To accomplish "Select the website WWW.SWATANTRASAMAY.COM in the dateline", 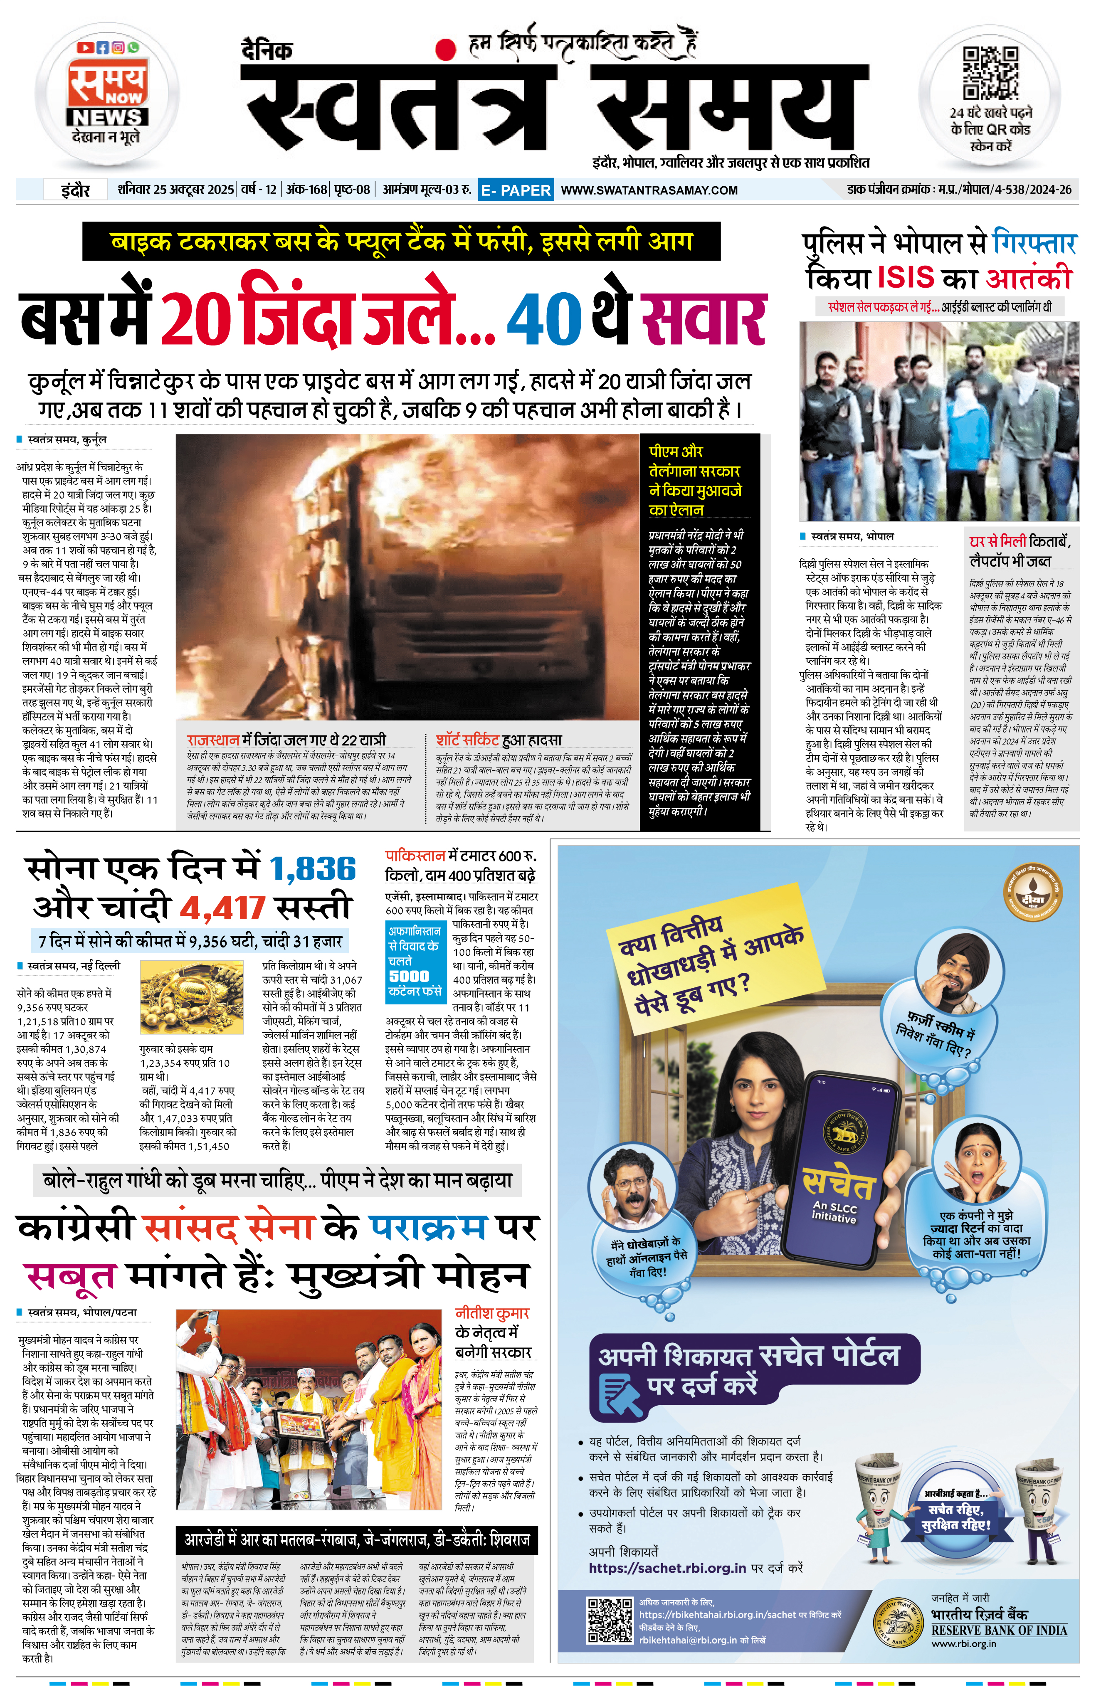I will tap(649, 190).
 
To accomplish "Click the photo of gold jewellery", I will tap(192, 998).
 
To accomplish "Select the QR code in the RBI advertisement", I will tap(609, 1620).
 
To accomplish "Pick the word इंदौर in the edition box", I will tap(75, 190).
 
